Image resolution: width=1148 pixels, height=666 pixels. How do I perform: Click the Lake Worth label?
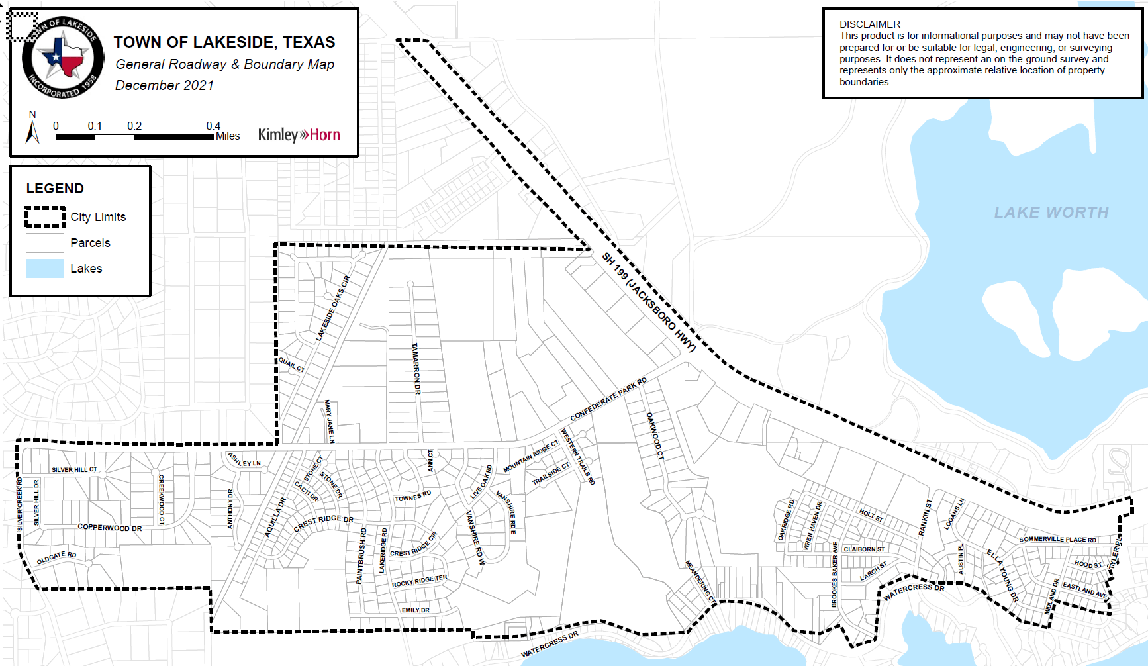tap(1051, 213)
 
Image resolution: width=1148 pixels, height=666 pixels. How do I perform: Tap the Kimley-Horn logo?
tap(299, 135)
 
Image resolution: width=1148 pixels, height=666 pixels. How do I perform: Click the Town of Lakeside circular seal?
tap(63, 58)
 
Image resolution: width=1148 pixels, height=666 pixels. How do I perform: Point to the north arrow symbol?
tap(32, 130)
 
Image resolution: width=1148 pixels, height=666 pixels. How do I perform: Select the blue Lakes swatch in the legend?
tap(45, 269)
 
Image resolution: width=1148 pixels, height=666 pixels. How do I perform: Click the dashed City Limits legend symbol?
tap(45, 217)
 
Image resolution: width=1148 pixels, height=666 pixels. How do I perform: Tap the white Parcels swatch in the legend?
tap(45, 243)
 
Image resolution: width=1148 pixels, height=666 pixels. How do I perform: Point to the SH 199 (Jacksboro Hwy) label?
tap(649, 302)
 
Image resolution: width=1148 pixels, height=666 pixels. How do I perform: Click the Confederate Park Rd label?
tap(608, 399)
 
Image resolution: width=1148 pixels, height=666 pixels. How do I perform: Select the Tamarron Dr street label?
tap(416, 369)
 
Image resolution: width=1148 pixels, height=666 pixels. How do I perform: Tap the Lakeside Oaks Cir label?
tap(332, 309)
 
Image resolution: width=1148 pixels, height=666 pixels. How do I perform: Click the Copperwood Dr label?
tap(110, 528)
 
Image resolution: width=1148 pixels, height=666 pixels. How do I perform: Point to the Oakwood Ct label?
tap(655, 436)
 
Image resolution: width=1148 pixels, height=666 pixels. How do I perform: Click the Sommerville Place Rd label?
tap(1057, 539)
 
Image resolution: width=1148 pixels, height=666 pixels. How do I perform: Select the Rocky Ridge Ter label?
tap(419, 581)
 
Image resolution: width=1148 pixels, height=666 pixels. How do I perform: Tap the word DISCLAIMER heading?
tap(869, 24)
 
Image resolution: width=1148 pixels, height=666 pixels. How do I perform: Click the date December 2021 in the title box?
tap(164, 85)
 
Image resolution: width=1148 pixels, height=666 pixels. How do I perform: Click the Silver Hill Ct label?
tap(74, 469)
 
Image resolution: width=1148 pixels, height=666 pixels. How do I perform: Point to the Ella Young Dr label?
tap(1002, 575)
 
